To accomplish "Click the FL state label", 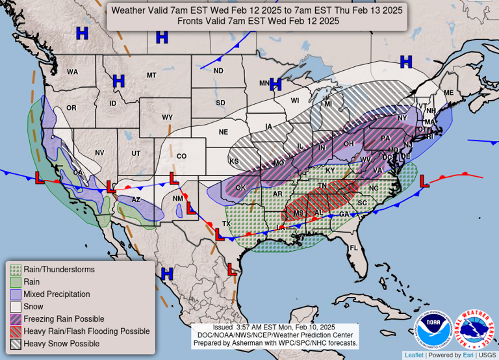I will (354, 248).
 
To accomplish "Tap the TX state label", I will (227, 224).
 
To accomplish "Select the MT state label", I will (151, 75).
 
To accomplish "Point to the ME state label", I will (448, 93).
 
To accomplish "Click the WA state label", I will (72, 71).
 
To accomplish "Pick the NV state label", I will (99, 153).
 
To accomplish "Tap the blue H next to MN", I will (276, 84).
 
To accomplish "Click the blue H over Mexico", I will (167, 274).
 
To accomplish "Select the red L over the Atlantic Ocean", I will (424, 182).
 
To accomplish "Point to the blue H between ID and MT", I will (118, 81).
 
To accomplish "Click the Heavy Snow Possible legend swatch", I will (16, 343).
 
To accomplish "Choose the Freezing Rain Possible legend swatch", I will (16, 318).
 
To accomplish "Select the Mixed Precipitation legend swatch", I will (16, 294).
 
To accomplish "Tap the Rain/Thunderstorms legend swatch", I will (16, 269).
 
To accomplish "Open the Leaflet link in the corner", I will (414, 355).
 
